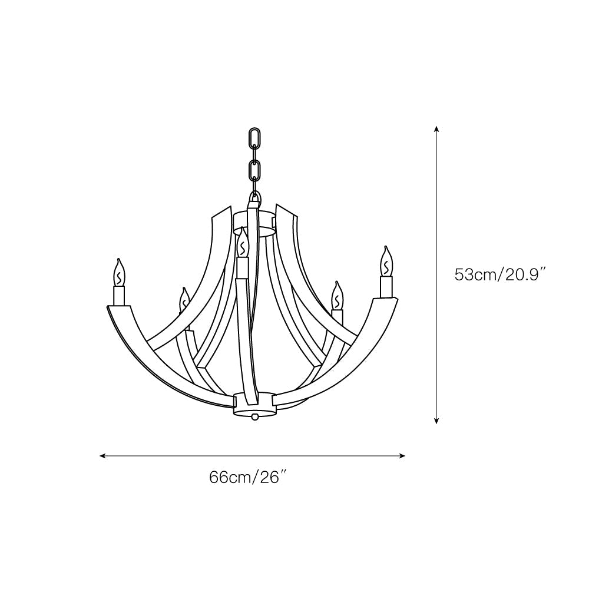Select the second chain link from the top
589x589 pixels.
(x=255, y=172)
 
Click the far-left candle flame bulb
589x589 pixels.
(x=120, y=273)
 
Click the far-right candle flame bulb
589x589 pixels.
(x=386, y=262)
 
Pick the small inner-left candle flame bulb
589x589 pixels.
(x=184, y=300)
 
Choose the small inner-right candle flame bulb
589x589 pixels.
(x=337, y=296)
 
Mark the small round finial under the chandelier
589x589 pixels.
(x=254, y=416)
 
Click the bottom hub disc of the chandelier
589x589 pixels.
(x=254, y=403)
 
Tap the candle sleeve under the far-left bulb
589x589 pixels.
(x=120, y=296)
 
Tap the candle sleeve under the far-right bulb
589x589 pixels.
(x=386, y=287)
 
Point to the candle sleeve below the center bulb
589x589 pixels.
(x=242, y=268)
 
